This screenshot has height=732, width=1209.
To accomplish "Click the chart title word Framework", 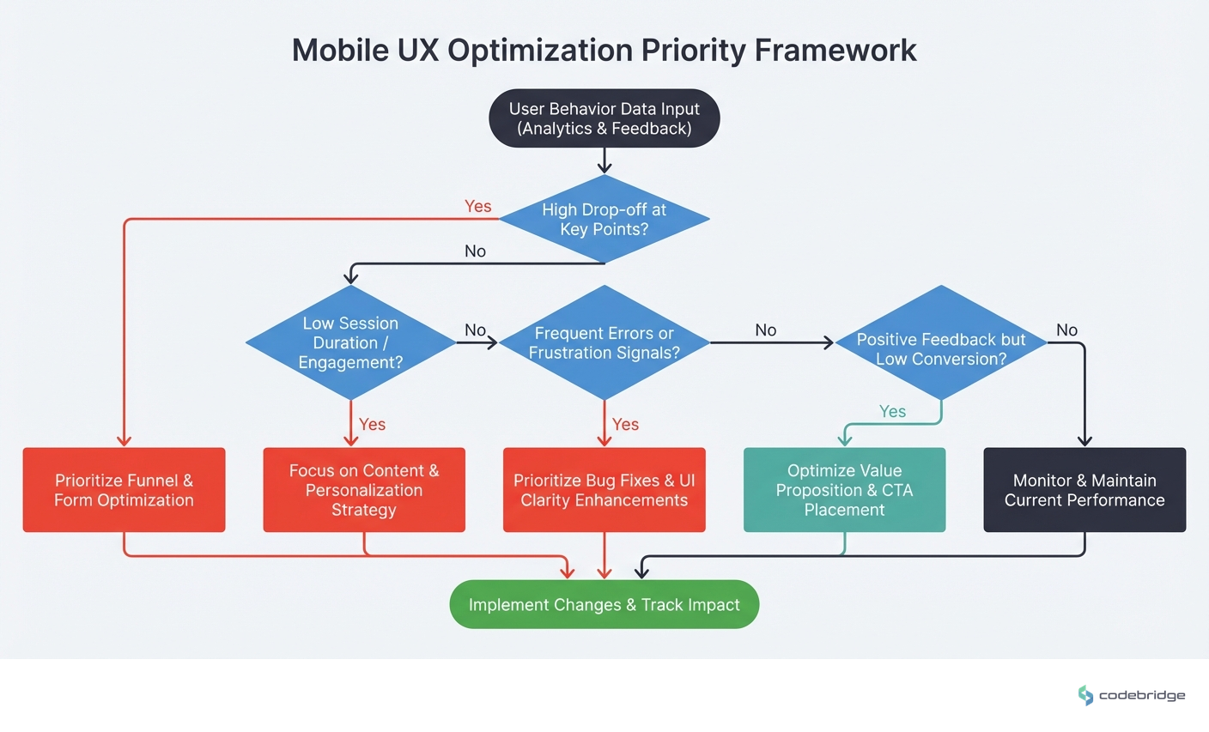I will click(x=835, y=50).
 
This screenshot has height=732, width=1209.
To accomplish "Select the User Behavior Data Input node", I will click(x=604, y=118).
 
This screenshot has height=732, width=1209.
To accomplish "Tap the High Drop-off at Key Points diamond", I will click(x=604, y=219).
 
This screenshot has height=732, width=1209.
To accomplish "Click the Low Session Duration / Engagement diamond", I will click(x=350, y=342).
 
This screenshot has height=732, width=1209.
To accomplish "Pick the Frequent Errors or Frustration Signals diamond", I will click(x=604, y=342).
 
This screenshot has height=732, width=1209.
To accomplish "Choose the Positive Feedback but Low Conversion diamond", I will click(x=941, y=343).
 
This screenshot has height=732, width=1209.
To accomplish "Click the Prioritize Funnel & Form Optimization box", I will click(x=124, y=490).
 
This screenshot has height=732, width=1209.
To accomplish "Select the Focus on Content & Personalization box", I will click(x=364, y=490).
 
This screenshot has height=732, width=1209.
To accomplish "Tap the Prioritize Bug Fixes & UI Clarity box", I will click(x=604, y=490).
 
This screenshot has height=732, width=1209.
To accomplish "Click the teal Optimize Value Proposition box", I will click(x=844, y=490).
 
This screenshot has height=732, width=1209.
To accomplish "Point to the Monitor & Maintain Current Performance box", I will click(x=1084, y=490).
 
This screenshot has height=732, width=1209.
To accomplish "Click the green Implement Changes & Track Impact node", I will click(x=604, y=605).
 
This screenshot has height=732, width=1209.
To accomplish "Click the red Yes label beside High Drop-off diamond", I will click(x=477, y=206).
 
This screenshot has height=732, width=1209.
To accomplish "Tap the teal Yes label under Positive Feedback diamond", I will click(x=892, y=412).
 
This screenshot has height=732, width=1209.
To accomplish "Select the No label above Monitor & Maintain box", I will click(x=1066, y=330).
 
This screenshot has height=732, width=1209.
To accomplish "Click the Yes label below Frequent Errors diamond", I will click(x=625, y=425).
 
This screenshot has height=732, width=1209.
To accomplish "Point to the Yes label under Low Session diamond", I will click(x=372, y=425).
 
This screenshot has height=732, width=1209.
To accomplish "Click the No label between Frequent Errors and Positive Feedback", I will click(x=765, y=330).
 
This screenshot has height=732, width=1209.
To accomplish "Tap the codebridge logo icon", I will click(x=1085, y=695).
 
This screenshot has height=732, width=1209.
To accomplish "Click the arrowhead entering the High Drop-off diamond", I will click(x=604, y=169).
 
